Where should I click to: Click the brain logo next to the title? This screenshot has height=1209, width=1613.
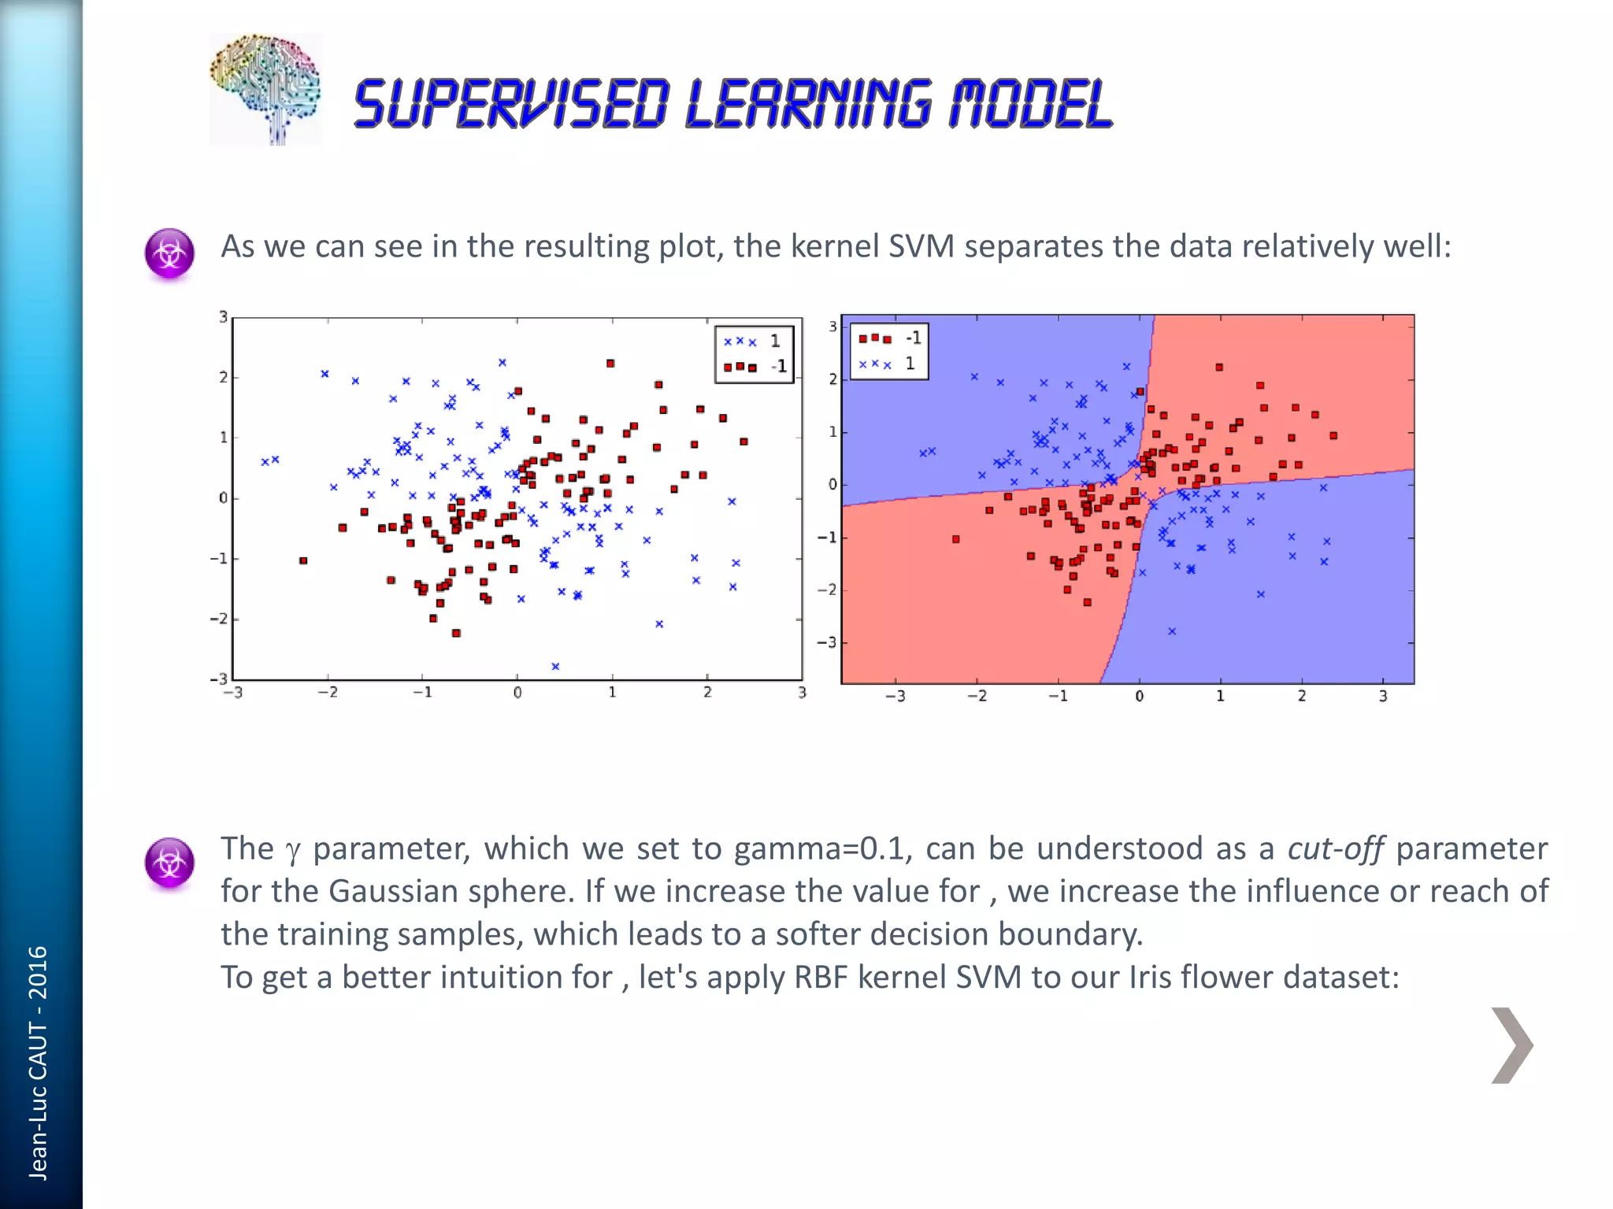tap(265, 89)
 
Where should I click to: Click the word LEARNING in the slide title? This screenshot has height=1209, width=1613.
tap(810, 105)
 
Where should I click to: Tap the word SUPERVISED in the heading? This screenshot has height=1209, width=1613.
tap(512, 105)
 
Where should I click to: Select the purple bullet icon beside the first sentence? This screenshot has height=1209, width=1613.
tap(169, 253)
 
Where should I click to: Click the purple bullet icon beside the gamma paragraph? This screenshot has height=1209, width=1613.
tap(169, 862)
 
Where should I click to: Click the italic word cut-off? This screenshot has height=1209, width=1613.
tap(1335, 849)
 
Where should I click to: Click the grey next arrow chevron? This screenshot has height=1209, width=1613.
tap(1511, 1045)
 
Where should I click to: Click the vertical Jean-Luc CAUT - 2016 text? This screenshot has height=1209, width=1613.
tap(38, 1063)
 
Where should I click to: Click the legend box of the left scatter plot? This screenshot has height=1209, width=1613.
tap(754, 354)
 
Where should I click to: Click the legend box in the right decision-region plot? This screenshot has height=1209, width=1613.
tap(889, 351)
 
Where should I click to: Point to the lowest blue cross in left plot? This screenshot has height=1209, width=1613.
tap(555, 667)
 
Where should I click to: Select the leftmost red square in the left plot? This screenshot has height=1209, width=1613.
tap(303, 560)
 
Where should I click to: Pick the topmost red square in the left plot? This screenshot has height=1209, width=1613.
tap(610, 364)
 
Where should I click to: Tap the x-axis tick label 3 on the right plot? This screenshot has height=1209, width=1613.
tap(1383, 697)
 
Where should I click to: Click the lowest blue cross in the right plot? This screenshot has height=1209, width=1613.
tap(1172, 631)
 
